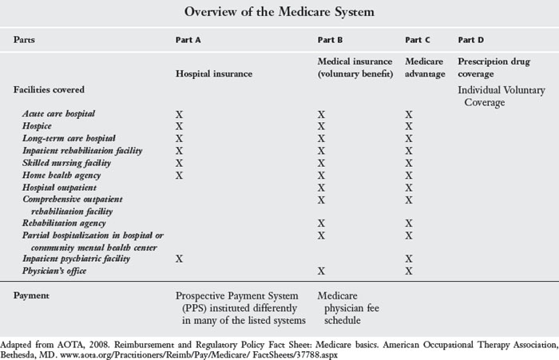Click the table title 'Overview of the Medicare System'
point(279,13)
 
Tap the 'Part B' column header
point(331,39)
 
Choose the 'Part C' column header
point(418,39)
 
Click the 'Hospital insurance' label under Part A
point(214,73)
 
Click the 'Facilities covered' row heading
point(50,90)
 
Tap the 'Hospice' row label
point(38,126)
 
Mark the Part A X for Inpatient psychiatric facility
point(180,259)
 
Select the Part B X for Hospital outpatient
point(322,187)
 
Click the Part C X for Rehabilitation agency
point(409,223)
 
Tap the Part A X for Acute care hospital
point(180,115)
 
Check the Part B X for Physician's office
point(322,271)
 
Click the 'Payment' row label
point(34,295)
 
